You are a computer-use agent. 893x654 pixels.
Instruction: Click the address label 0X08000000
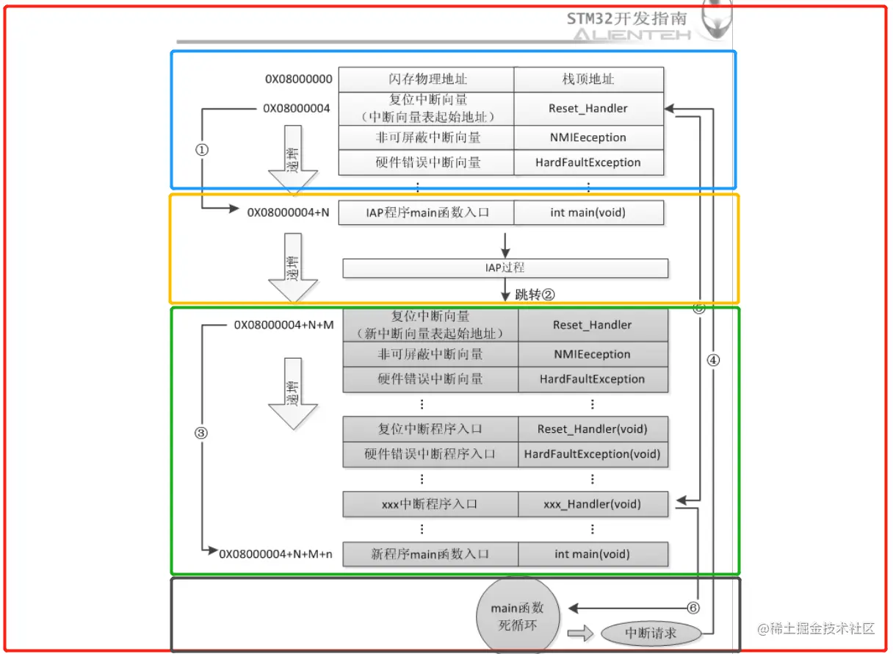pos(299,79)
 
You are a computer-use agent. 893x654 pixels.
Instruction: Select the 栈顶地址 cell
pos(588,79)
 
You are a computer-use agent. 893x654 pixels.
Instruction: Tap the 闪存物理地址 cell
pos(427,79)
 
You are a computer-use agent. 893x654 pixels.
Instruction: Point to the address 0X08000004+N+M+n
pos(275,554)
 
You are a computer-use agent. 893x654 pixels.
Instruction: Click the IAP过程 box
pos(505,268)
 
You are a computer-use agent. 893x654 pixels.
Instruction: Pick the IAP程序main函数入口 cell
pos(427,213)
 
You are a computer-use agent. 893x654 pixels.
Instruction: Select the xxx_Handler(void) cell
pos(592,504)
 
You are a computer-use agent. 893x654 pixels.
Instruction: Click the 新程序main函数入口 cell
pos(430,554)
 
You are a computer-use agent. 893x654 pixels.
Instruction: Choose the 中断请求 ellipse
pos(651,633)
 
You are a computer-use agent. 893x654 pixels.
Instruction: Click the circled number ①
pos(202,149)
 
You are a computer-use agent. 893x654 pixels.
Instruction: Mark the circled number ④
pos(713,360)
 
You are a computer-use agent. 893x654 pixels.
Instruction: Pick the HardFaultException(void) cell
pos(592,454)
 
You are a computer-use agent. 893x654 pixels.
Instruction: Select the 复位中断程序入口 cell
pos(430,429)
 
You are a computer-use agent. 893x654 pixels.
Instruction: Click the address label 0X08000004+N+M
pos(283,324)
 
